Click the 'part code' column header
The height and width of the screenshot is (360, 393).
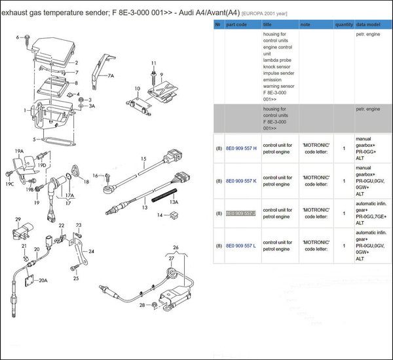coord(236,24)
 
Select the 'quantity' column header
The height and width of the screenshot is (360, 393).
coord(344,24)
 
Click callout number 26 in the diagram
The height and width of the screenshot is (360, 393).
coord(175,248)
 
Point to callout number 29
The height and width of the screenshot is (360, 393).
coord(18,219)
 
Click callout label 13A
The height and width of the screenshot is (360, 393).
coord(174,203)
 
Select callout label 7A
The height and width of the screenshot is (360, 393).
coord(111,76)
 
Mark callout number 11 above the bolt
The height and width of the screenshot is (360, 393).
coord(154,63)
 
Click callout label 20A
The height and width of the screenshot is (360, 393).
coord(43,281)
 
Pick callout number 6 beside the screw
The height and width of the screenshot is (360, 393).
coord(18,37)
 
